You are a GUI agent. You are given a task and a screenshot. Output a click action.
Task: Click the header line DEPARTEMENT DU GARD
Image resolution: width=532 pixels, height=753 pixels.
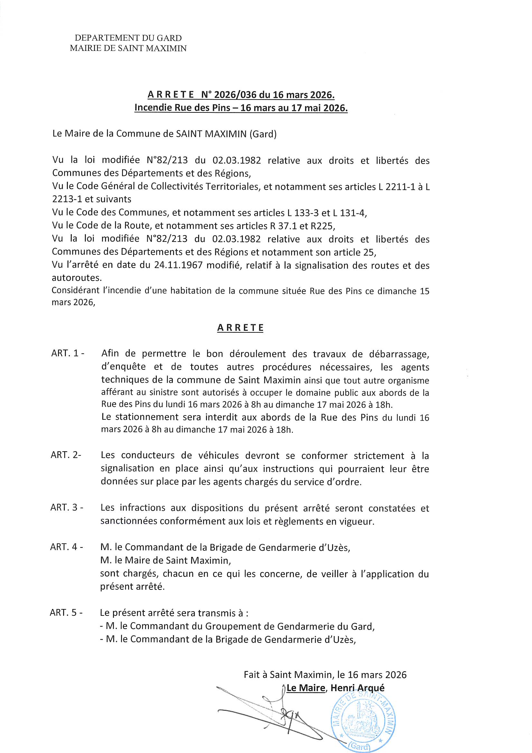click(x=128, y=38)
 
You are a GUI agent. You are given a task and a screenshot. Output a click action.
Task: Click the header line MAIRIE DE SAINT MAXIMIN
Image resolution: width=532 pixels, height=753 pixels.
click(x=128, y=49)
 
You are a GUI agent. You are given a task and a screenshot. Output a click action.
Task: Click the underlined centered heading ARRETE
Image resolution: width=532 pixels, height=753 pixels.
click(x=240, y=328)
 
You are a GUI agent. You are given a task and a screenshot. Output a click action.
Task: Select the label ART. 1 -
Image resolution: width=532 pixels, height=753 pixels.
click(x=68, y=354)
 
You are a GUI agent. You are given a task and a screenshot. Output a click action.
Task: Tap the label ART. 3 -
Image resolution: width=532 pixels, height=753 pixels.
click(x=67, y=507)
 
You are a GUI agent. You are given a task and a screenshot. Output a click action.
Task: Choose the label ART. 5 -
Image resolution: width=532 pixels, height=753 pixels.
click(x=66, y=612)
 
